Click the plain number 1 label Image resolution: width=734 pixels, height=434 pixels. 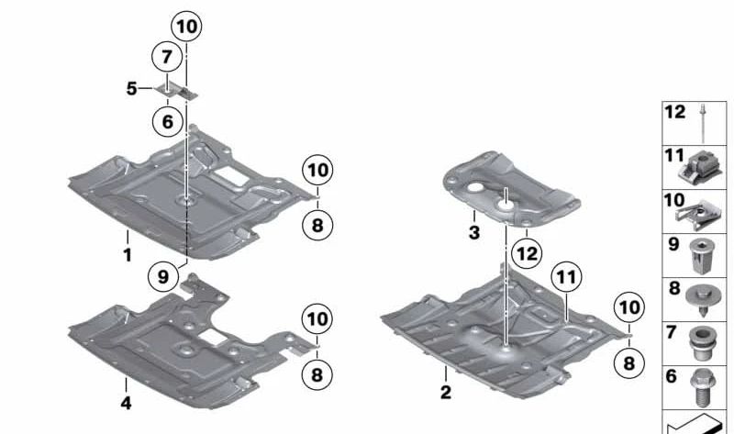tap(128, 256)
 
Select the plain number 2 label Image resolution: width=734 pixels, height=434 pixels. tap(446, 394)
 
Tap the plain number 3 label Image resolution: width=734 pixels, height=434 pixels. tap(473, 233)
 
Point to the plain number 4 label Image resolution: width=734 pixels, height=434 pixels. tap(126, 404)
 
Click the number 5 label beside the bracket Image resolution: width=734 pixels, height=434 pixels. tap(132, 89)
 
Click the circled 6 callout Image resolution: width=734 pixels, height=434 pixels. tap(167, 120)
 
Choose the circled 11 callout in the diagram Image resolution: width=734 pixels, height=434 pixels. tap(567, 276)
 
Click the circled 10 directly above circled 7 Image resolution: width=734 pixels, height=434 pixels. tap(186, 28)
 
